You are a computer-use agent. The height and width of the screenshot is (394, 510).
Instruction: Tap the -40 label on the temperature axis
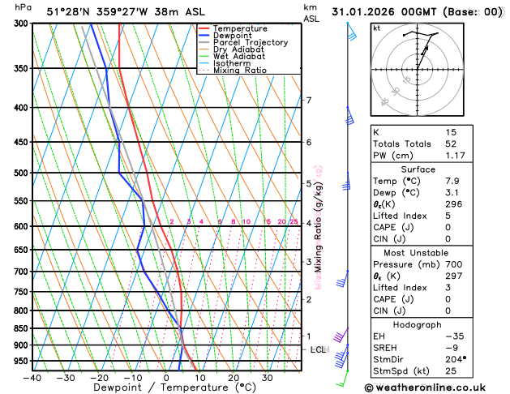(x=32, y=378)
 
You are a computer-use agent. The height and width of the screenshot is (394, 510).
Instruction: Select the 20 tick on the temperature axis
(x=234, y=378)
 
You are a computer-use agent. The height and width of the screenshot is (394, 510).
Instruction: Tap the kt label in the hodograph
(x=377, y=28)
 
